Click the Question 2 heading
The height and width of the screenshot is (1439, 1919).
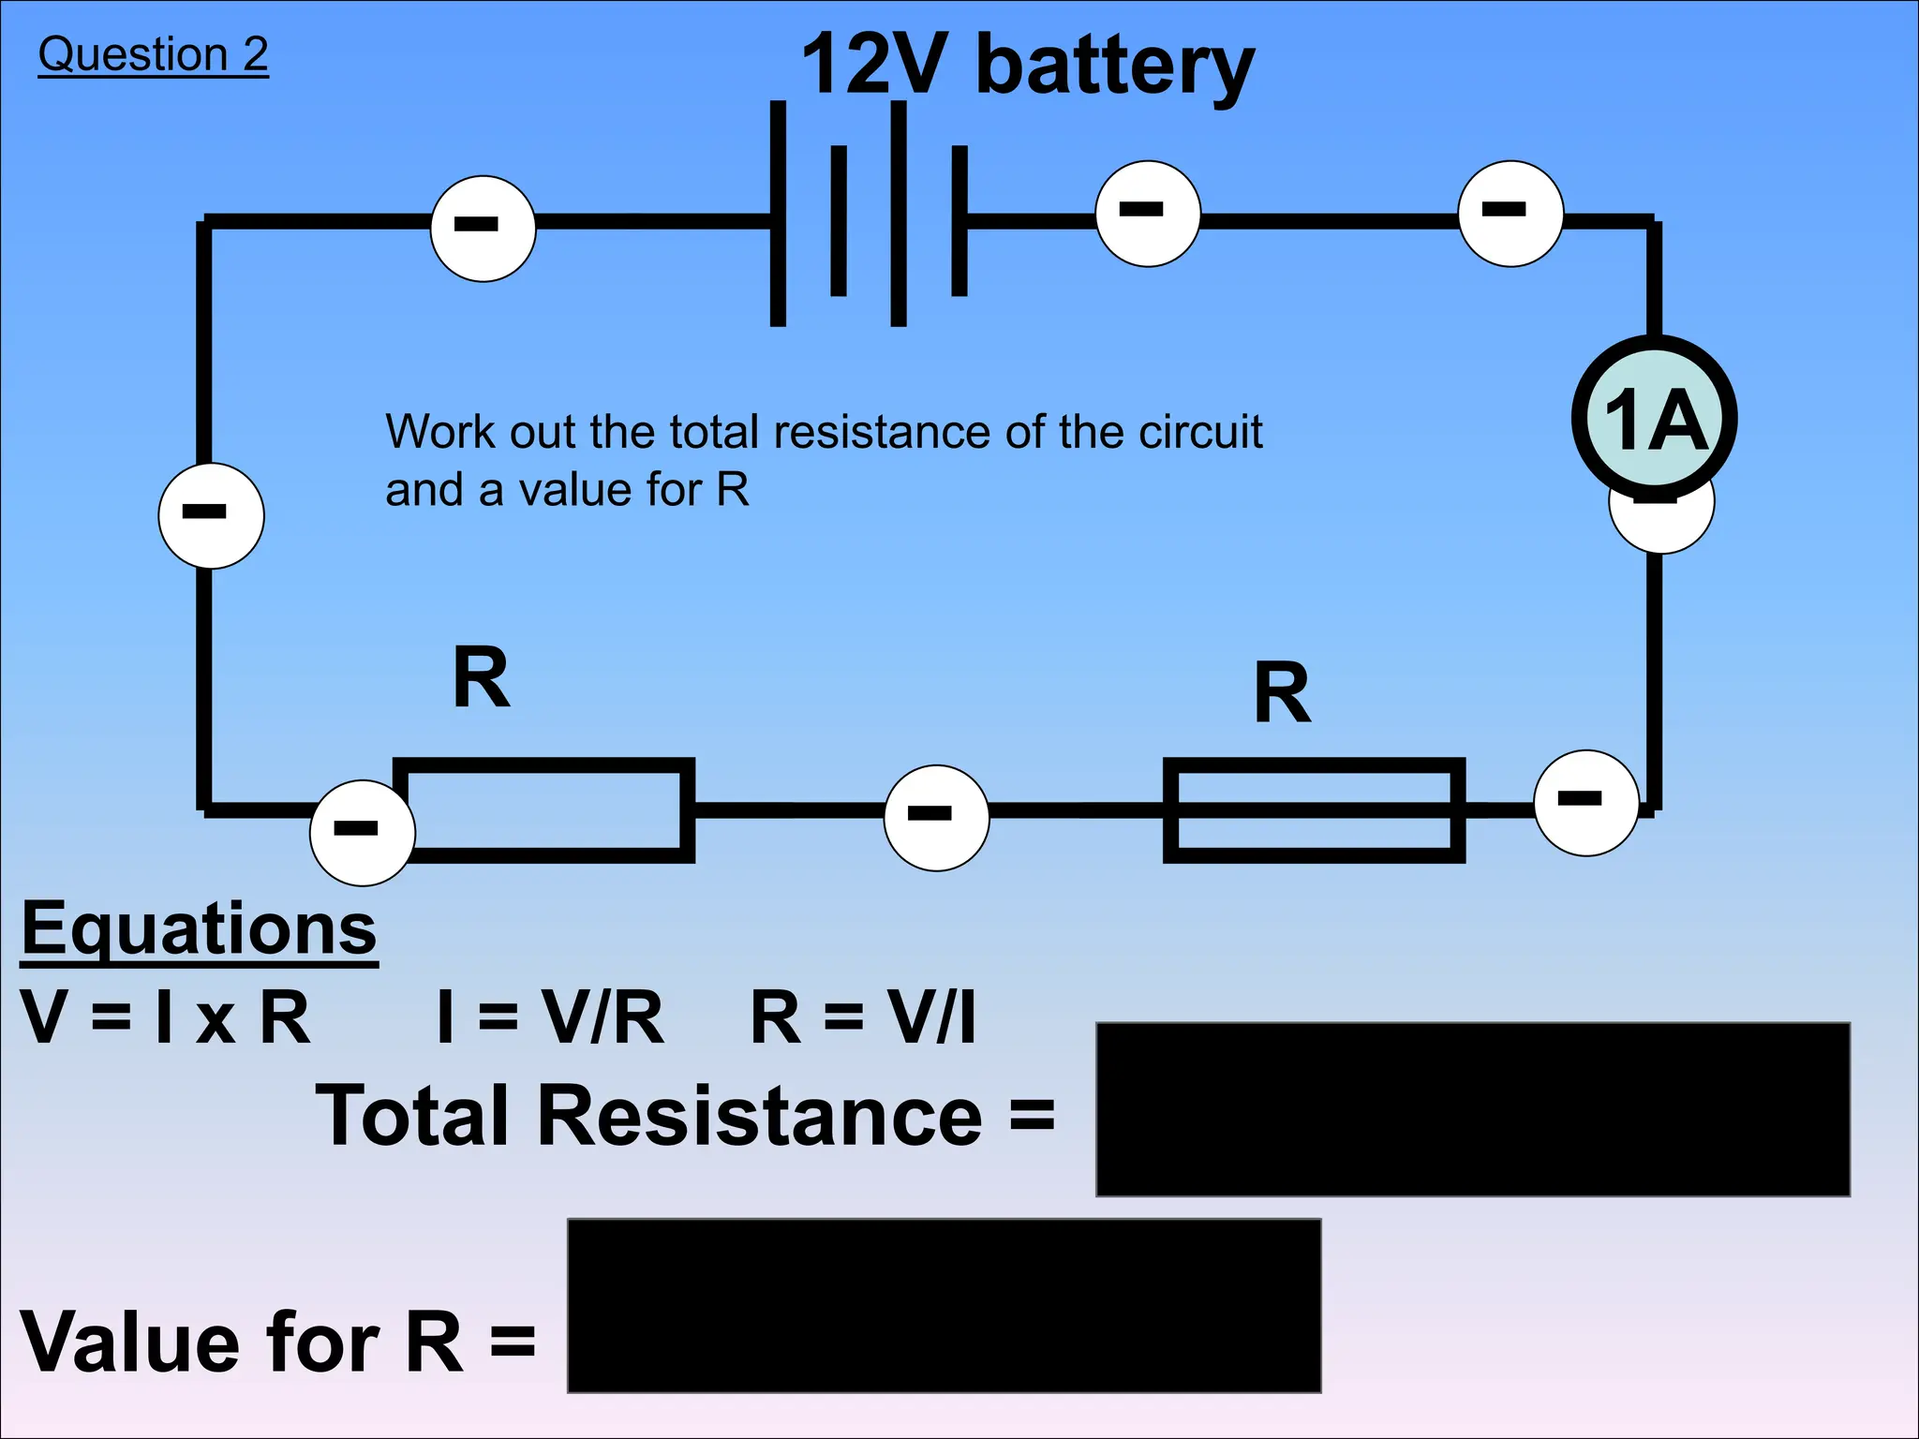pyautogui.click(x=153, y=54)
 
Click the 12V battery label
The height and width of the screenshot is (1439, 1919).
pyautogui.click(x=1027, y=66)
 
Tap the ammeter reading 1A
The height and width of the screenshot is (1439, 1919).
pyautogui.click(x=1655, y=418)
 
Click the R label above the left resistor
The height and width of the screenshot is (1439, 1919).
pyautogui.click(x=481, y=677)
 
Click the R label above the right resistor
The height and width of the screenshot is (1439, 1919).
pyautogui.click(x=1282, y=693)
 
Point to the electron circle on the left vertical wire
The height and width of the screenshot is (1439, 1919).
pyautogui.click(x=212, y=515)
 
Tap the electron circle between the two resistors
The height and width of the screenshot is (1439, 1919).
pyautogui.click(x=936, y=818)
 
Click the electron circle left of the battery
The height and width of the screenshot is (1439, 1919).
pyautogui.click(x=483, y=228)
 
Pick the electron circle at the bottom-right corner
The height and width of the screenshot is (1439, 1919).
pyautogui.click(x=1585, y=803)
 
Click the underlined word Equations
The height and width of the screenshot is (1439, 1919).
pyautogui.click(x=200, y=927)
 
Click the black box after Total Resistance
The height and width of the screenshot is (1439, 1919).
pyautogui.click(x=1472, y=1109)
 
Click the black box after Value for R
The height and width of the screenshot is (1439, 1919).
pyautogui.click(x=944, y=1305)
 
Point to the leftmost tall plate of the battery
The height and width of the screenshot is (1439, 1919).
pyautogui.click(x=778, y=214)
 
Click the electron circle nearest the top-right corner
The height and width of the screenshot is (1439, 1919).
pyautogui.click(x=1510, y=214)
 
